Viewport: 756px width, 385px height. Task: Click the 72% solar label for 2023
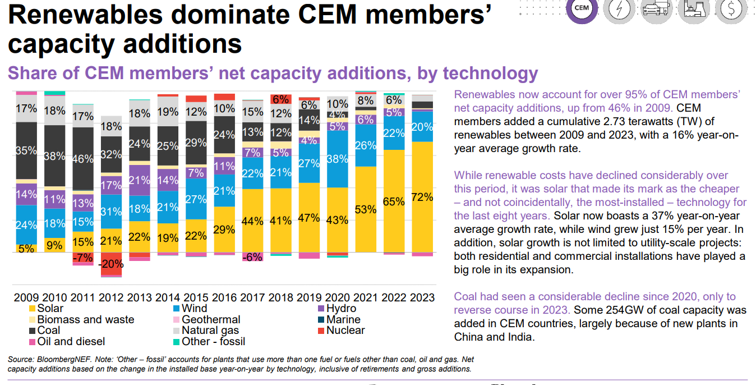tap(422, 198)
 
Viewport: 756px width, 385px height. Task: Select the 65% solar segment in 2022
tap(393, 201)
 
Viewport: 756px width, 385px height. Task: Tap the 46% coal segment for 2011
tap(82, 159)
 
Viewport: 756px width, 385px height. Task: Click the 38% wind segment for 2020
tap(336, 159)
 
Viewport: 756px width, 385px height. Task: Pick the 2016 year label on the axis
tap(224, 297)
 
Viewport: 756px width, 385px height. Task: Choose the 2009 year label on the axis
tap(25, 297)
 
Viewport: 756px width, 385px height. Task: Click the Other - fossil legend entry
tap(213, 341)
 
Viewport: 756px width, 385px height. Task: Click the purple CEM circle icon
tap(582, 8)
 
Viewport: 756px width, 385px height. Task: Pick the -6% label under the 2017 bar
tap(252, 256)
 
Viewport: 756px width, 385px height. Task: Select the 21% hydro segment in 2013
tap(140, 180)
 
